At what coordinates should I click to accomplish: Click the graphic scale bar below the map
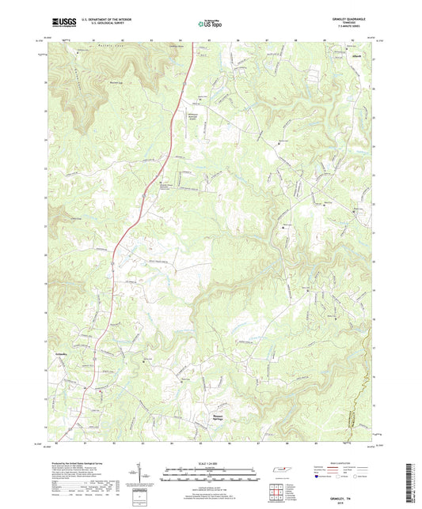211,473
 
